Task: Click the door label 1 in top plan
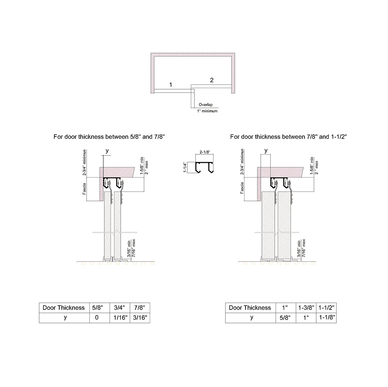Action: pyautogui.click(x=170, y=84)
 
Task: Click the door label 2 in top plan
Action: pyautogui.click(x=211, y=80)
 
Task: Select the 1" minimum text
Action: pyautogui.click(x=207, y=111)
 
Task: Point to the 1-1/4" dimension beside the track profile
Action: pyautogui.click(x=185, y=168)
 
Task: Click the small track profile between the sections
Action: pyautogui.click(x=205, y=168)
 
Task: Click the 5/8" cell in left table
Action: pyautogui.click(x=97, y=308)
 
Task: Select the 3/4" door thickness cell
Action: pyautogui.click(x=119, y=308)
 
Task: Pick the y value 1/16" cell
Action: pyautogui.click(x=119, y=318)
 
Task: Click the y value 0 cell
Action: pyautogui.click(x=97, y=318)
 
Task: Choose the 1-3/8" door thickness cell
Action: pyautogui.click(x=306, y=308)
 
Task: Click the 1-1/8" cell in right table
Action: pyautogui.click(x=326, y=318)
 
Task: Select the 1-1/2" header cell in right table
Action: pyautogui.click(x=326, y=308)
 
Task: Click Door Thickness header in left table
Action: pyautogui.click(x=63, y=308)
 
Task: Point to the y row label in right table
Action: pyautogui.click(x=251, y=318)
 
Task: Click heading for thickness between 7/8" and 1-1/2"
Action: pyautogui.click(x=288, y=137)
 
